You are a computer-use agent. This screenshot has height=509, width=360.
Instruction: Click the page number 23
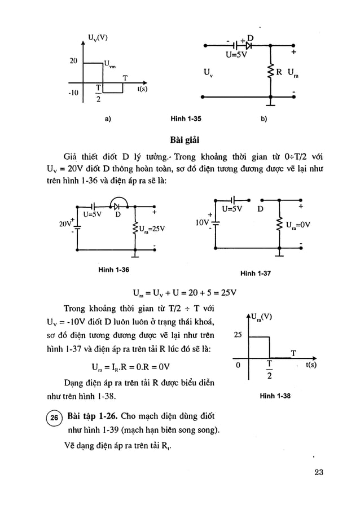pos(318,473)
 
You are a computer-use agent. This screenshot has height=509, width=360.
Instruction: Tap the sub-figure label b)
pos(264,119)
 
